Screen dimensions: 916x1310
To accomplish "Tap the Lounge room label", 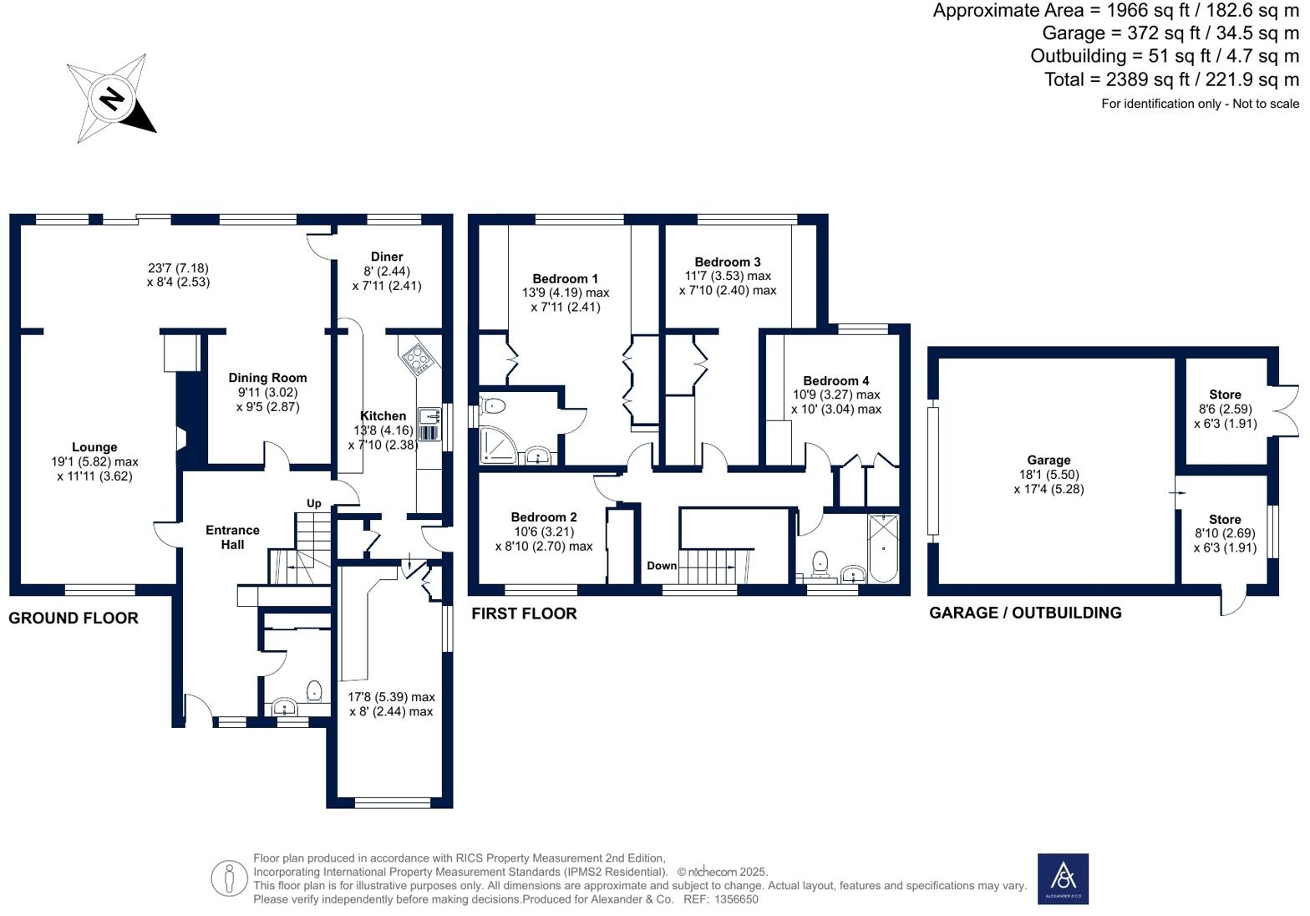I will (x=94, y=447).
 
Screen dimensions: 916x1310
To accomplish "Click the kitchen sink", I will (x=429, y=415).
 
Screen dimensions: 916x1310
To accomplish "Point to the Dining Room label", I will (x=267, y=378).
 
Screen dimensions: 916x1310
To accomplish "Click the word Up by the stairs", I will (x=314, y=503).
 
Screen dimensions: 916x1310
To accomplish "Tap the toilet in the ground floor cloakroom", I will (x=314, y=691).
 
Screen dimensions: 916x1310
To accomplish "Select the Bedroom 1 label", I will (x=565, y=278).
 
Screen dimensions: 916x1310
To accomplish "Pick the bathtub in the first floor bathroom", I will (x=884, y=548).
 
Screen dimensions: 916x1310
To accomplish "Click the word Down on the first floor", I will (x=662, y=566).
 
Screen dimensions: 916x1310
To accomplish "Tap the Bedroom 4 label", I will (x=835, y=380).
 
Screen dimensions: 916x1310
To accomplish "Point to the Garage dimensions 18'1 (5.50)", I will (x=1049, y=475).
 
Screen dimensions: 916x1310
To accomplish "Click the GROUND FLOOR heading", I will (x=74, y=618).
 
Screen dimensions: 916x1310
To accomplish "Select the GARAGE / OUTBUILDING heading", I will (x=1025, y=613).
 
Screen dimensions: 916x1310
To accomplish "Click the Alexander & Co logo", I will (x=1063, y=878).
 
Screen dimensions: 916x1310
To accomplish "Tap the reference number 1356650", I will (x=733, y=899).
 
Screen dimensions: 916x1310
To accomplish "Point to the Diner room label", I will (x=387, y=257).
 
